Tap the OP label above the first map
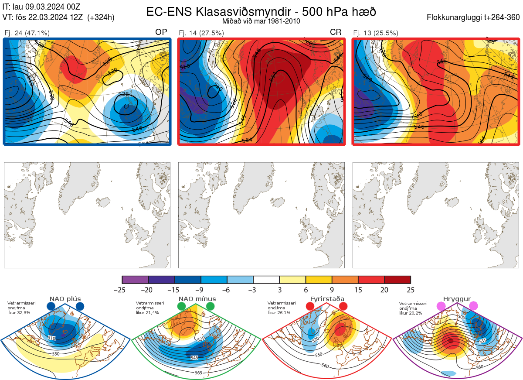[x=161, y=32]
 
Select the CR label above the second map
[x=336, y=32]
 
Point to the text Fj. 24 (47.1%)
[x=27, y=33]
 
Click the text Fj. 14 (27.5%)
[x=201, y=33]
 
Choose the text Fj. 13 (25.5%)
[x=376, y=33]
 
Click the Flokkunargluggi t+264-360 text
[x=475, y=17]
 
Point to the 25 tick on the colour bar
[x=410, y=290]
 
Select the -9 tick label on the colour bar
[x=201, y=290]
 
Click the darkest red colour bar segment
[x=397, y=280]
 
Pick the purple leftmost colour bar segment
[x=135, y=280]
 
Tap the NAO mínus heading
[x=197, y=299]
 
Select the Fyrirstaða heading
[x=326, y=299]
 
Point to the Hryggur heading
[x=457, y=299]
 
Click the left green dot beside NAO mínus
[x=181, y=307]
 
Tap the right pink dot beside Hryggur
[x=473, y=306]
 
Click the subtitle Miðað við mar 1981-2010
[x=261, y=21]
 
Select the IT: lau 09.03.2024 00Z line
[x=41, y=7]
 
